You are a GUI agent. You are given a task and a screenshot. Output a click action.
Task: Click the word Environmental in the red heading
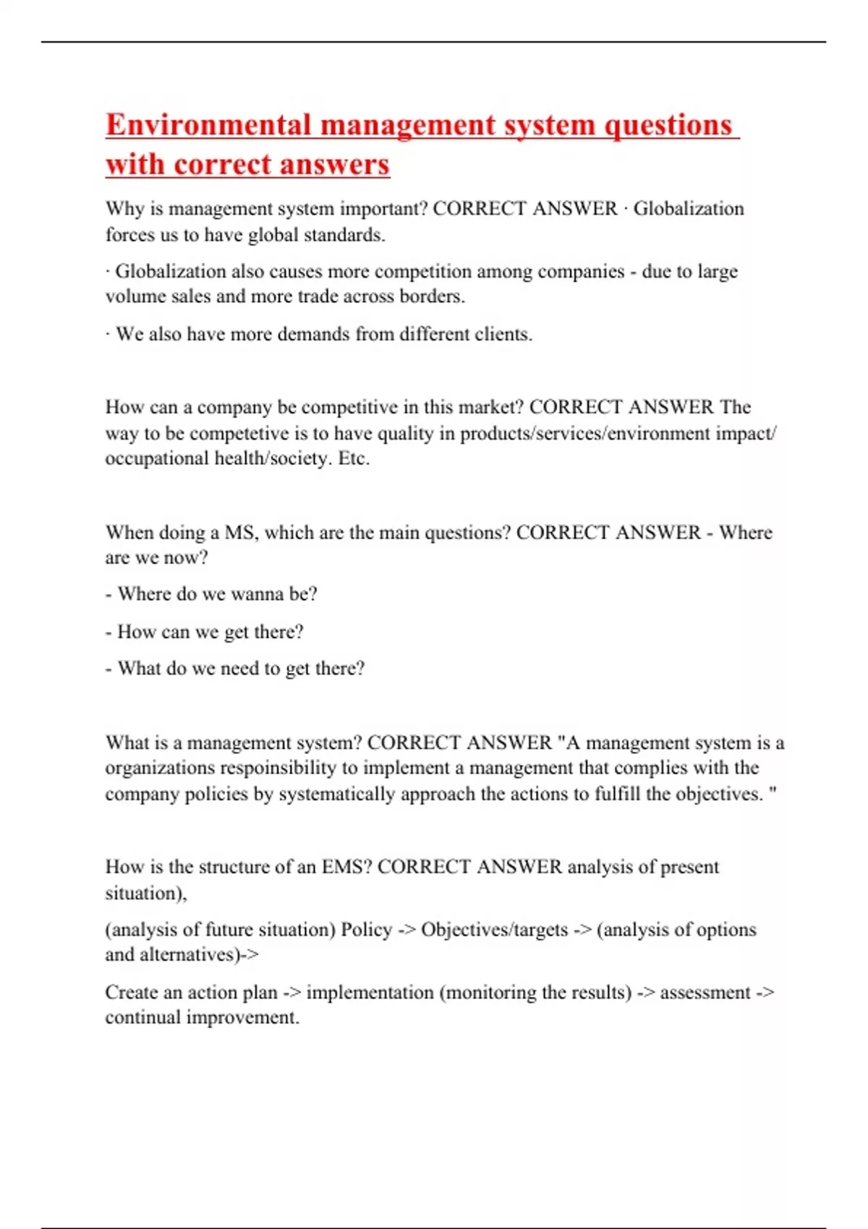click(x=208, y=125)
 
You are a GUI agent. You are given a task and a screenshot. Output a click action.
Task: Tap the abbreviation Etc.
click(x=354, y=458)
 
